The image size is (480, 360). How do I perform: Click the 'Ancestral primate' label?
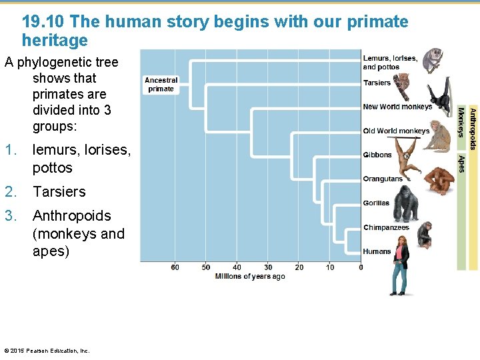click(161, 84)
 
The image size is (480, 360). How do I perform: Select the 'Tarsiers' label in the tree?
click(377, 83)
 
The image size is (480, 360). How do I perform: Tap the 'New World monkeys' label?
click(397, 107)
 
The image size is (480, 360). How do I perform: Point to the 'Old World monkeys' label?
click(396, 131)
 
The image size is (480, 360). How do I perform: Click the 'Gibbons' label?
click(377, 155)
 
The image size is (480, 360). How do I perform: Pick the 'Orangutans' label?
click(383, 179)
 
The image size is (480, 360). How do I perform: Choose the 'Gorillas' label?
click(376, 203)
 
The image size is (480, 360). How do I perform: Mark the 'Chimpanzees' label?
click(386, 228)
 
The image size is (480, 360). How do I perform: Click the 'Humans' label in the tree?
click(377, 251)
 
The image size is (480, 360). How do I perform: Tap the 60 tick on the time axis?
click(175, 267)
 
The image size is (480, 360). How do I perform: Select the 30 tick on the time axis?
click(268, 267)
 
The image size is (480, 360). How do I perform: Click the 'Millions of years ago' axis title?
click(249, 276)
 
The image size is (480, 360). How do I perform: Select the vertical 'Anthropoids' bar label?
click(473, 128)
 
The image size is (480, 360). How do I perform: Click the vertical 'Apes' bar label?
click(461, 164)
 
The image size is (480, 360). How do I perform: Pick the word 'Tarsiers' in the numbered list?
click(59, 192)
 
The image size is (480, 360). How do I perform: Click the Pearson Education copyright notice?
click(47, 351)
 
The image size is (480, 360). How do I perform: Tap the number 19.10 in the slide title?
click(43, 22)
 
